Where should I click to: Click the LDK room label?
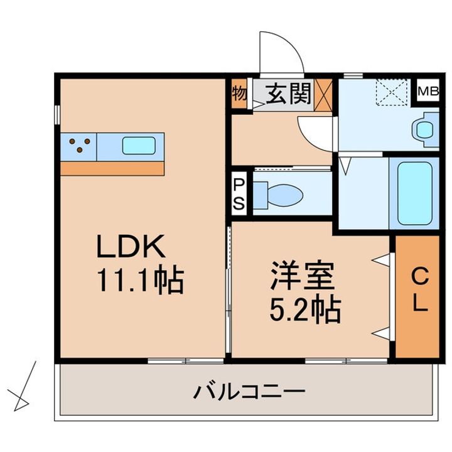coord(131,247)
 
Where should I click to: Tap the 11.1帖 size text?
coord(139,281)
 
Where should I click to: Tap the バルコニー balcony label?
coord(249,393)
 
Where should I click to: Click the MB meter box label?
coord(428,91)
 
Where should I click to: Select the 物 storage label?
coord(239,94)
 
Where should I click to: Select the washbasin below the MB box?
coord(424,129)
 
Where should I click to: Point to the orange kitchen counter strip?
coord(112,168)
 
